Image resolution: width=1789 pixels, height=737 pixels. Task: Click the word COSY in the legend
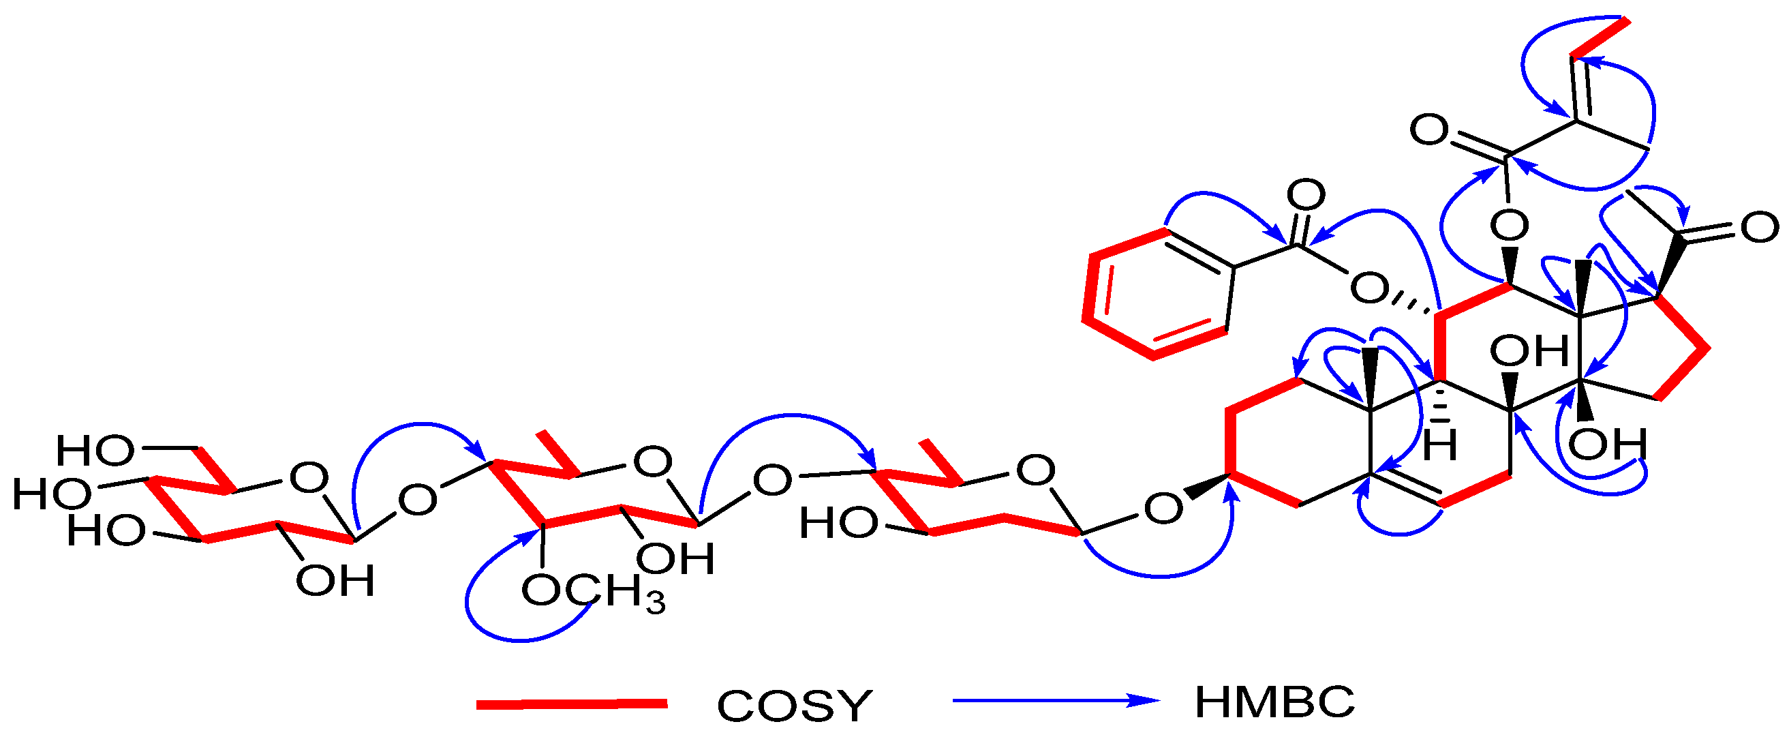tap(794, 706)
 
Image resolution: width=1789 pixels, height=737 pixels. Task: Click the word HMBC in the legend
tap(1274, 702)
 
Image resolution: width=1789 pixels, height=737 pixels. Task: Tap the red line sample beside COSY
tap(572, 705)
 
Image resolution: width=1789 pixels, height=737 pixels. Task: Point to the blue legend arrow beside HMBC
tap(1056, 700)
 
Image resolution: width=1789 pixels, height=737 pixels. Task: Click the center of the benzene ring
tap(1157, 294)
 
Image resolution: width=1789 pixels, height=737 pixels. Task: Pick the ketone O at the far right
tap(1759, 228)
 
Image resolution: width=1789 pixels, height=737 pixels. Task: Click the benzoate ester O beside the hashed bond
tap(1368, 288)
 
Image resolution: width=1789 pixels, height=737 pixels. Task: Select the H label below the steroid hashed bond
tap(1439, 445)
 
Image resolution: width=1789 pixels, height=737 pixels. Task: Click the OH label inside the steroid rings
tap(1529, 351)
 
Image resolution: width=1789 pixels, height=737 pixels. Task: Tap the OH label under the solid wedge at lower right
tap(1607, 445)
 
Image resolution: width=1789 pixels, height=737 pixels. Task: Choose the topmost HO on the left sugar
tap(95, 451)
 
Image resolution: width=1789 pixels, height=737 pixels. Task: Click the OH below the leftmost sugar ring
tap(335, 581)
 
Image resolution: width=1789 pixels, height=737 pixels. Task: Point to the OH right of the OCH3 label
tap(676, 559)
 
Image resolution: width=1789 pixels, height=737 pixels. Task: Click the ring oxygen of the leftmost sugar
tap(308, 478)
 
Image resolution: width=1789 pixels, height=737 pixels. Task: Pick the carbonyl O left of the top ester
tap(1429, 130)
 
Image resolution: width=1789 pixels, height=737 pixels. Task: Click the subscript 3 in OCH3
tap(655, 603)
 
